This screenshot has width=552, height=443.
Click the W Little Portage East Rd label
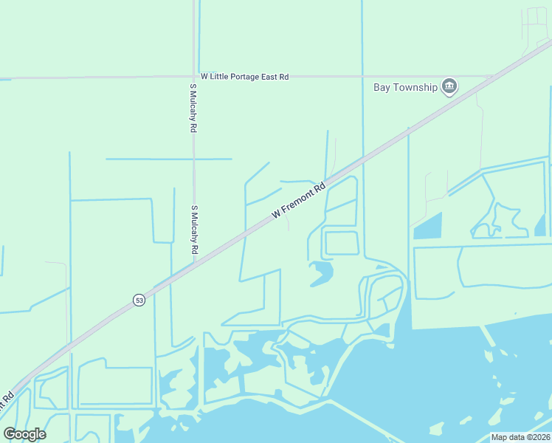click(x=244, y=76)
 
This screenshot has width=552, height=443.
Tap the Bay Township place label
click(x=405, y=87)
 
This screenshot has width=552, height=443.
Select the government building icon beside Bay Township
click(x=449, y=87)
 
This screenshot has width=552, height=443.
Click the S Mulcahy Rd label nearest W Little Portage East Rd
click(x=193, y=108)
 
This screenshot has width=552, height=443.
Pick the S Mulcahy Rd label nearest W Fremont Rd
click(x=196, y=230)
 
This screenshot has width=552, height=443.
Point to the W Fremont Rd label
click(x=298, y=200)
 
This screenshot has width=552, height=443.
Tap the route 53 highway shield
click(x=139, y=300)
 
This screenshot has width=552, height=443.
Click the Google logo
click(x=24, y=433)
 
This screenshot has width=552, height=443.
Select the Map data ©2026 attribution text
click(x=520, y=437)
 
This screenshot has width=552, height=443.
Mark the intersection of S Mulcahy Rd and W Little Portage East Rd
click(x=195, y=76)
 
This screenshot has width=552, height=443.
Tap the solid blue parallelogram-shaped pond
click(x=427, y=226)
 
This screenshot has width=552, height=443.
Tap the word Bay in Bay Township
click(x=382, y=87)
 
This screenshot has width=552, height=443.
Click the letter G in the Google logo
click(x=10, y=433)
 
